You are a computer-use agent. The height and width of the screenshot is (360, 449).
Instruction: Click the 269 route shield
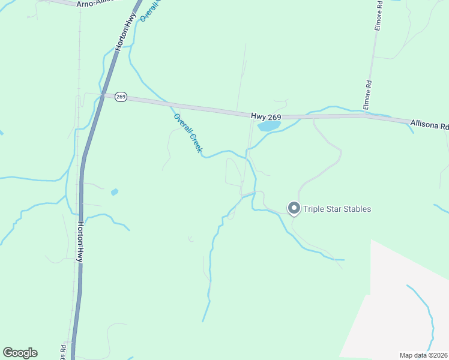tap(121, 97)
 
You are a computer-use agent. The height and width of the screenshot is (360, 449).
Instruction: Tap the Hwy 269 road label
tap(267, 115)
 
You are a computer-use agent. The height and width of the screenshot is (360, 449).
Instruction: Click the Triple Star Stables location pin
tap(294, 208)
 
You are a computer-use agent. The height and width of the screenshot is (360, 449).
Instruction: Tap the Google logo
tap(20, 353)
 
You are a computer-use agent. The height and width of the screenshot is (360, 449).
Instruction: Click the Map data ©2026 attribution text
tap(423, 355)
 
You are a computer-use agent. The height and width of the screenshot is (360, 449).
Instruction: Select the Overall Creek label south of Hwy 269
tap(187, 133)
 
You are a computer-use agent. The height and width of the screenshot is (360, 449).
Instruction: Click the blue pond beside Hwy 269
tap(268, 126)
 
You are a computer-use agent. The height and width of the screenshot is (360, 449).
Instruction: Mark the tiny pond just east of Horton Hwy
tap(115, 192)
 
